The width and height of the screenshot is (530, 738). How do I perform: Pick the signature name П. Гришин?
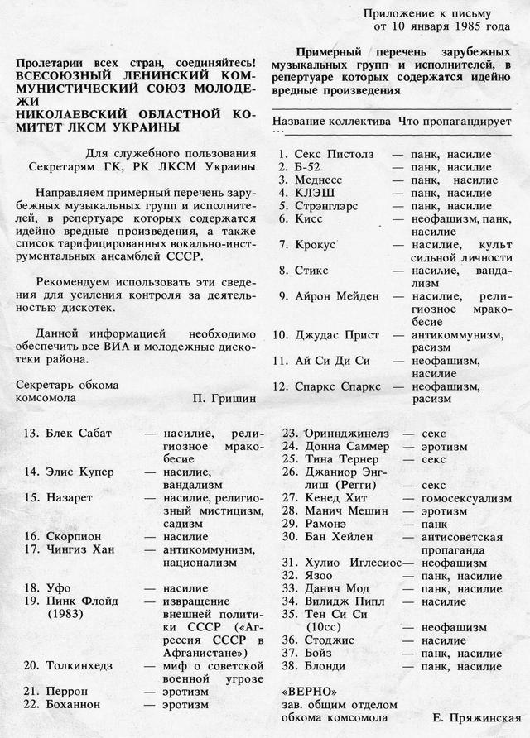coord(224,397)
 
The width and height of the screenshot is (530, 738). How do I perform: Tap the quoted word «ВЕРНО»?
coord(310,690)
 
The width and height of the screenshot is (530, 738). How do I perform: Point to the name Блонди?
coord(325,666)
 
